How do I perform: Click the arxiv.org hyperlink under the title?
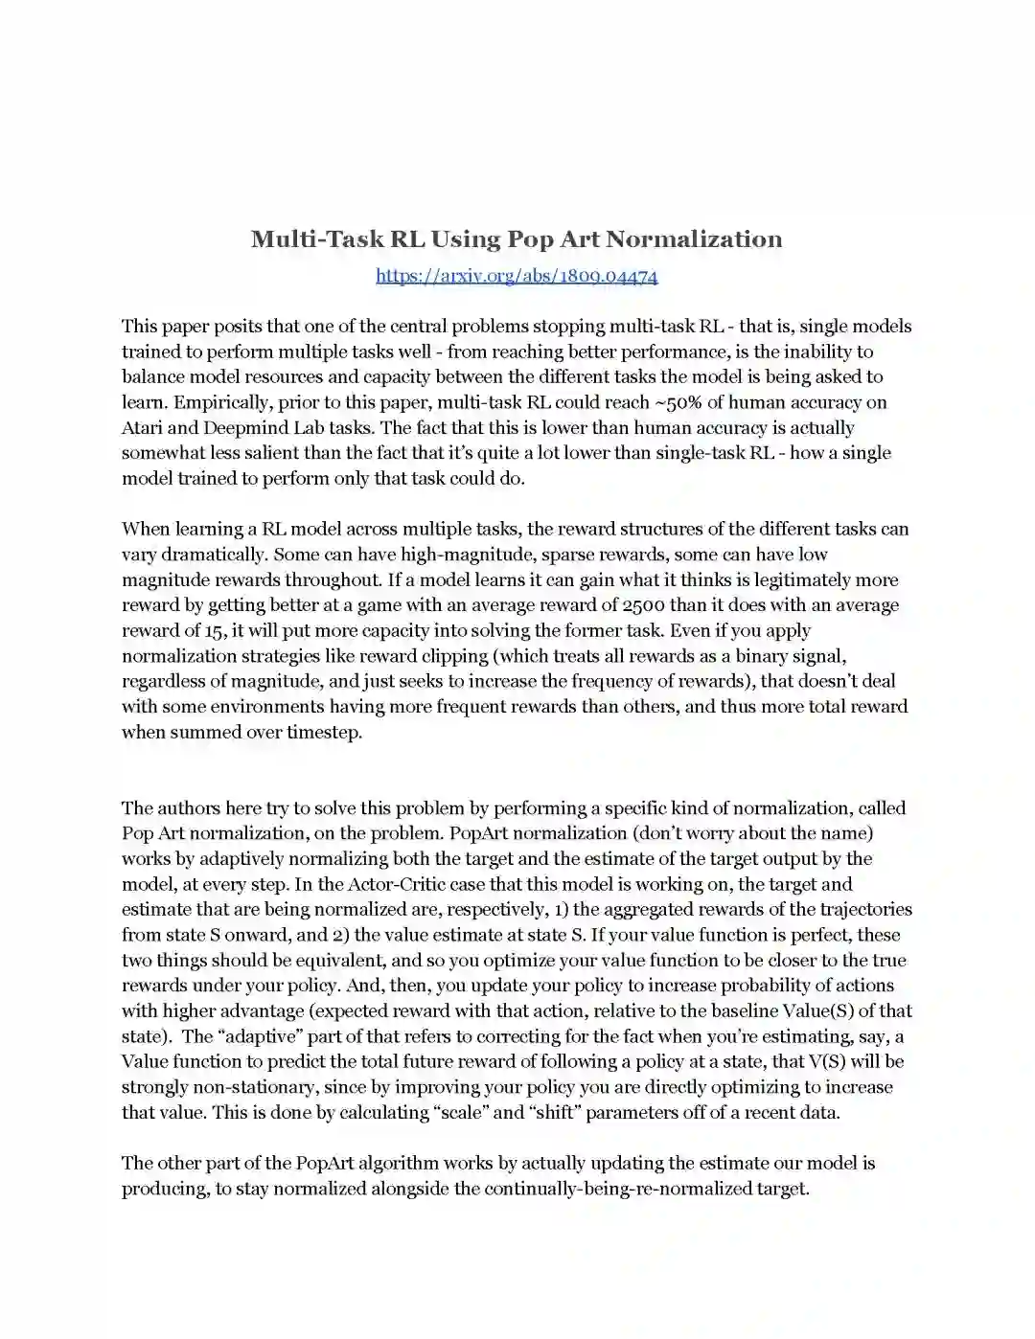(517, 276)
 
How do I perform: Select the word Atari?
(142, 428)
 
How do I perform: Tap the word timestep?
(324, 733)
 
